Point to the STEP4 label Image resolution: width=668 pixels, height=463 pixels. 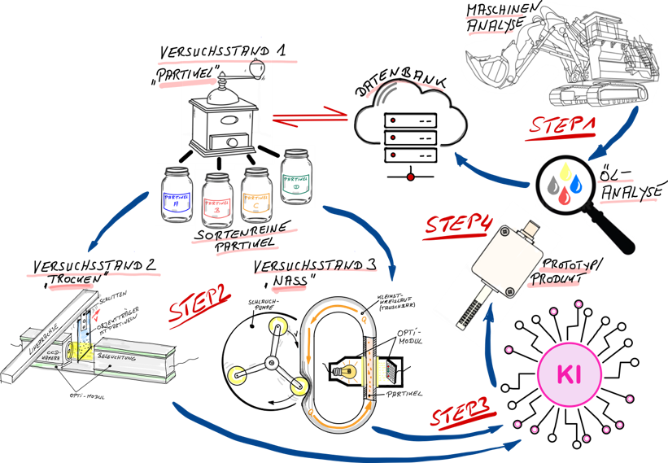click(x=459, y=224)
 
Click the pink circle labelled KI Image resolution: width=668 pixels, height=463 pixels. click(x=570, y=374)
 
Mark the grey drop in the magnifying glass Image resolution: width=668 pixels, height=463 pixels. click(x=554, y=189)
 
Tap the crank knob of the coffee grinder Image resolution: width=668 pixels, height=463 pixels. click(x=258, y=68)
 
